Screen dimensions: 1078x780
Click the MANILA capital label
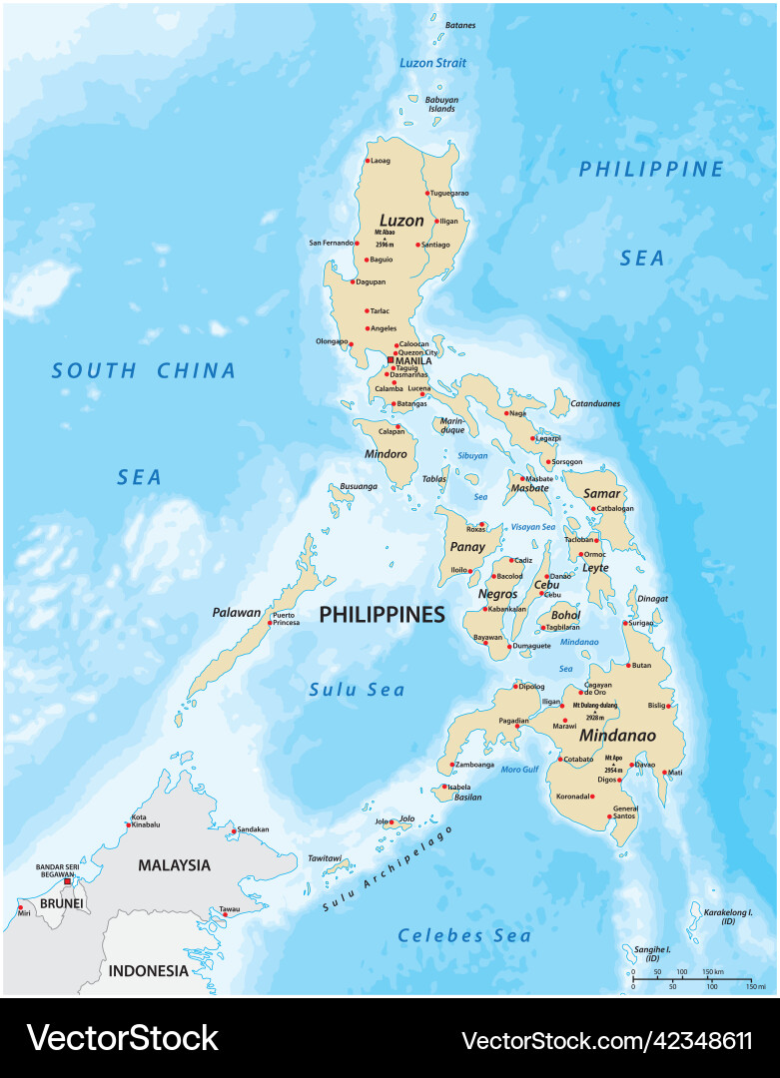tap(414, 360)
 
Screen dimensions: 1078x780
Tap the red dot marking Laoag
tap(368, 161)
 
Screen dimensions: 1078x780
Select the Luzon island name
tap(400, 220)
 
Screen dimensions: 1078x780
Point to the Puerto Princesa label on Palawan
tap(286, 619)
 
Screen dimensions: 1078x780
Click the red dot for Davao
tap(632, 765)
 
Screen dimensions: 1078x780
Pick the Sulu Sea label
tap(357, 690)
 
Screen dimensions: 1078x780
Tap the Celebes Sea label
tap(464, 935)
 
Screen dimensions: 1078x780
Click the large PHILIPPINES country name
tap(382, 615)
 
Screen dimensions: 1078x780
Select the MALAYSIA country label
tap(175, 865)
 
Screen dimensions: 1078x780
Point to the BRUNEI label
tap(61, 904)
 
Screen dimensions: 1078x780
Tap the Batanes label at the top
tap(460, 25)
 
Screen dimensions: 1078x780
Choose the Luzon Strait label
tap(432, 63)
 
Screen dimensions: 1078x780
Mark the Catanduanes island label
tap(595, 403)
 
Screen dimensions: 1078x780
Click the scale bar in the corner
tap(692, 979)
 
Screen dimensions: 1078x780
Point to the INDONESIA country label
tap(148, 970)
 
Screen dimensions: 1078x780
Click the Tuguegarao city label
tap(449, 193)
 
